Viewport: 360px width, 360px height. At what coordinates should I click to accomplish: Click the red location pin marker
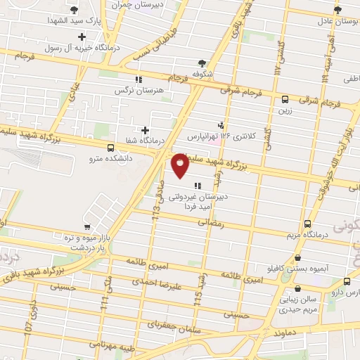180,166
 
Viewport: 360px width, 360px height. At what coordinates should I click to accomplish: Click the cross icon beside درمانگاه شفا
145,130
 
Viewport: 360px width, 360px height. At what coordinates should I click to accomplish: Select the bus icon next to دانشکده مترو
110,148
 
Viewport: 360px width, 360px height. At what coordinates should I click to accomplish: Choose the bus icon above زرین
285,100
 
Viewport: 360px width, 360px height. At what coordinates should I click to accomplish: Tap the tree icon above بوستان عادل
337,9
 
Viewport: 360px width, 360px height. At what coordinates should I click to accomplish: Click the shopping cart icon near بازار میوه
86,227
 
